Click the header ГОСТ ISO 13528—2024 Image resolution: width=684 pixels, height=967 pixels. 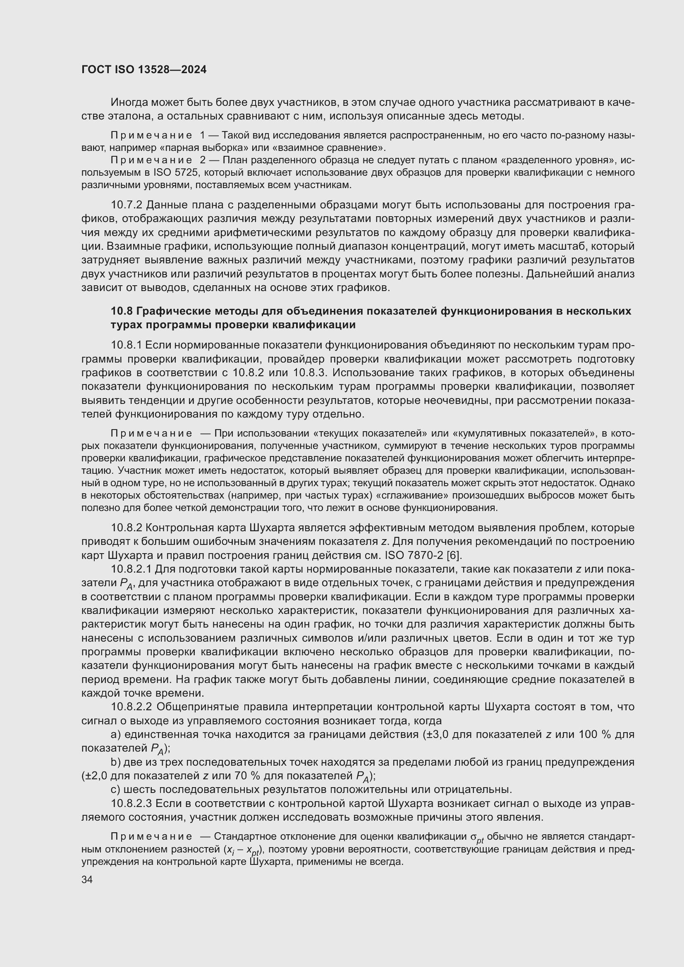click(143, 70)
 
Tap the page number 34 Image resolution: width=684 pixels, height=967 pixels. click(87, 880)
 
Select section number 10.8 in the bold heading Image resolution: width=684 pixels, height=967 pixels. click(121, 311)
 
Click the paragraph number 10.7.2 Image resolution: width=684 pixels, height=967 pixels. click(127, 205)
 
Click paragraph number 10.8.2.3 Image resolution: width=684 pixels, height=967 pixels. click(132, 803)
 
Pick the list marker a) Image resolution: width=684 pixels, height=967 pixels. click(115, 735)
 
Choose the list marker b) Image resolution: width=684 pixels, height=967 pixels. click(115, 762)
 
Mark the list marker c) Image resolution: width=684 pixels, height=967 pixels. click(115, 789)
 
